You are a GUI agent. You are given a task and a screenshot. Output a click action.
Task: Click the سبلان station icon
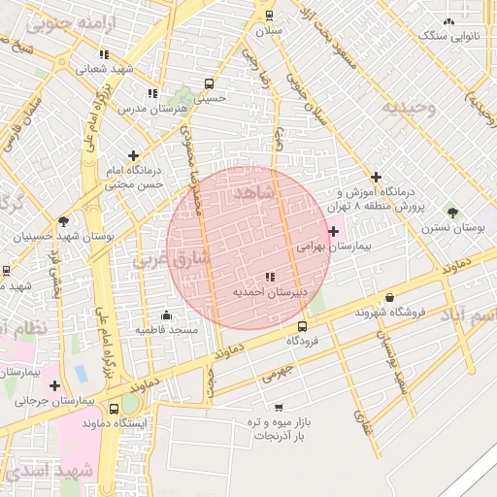(269, 16)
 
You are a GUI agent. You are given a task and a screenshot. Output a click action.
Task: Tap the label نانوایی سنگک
(447, 36)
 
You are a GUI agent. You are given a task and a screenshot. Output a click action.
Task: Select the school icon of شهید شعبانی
(78, 69)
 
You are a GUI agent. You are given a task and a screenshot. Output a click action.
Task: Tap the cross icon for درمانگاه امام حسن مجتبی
(133, 154)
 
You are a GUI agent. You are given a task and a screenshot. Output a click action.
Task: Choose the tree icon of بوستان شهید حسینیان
(64, 220)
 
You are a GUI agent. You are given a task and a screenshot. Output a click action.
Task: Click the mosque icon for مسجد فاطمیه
(166, 315)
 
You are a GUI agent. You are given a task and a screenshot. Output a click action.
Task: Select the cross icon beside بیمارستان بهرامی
(334, 231)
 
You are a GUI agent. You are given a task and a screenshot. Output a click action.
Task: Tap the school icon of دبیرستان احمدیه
(270, 277)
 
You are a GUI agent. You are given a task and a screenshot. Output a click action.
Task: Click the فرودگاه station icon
(303, 326)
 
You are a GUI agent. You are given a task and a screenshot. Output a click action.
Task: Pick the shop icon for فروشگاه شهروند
(390, 297)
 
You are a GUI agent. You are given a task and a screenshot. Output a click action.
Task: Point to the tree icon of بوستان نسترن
(452, 212)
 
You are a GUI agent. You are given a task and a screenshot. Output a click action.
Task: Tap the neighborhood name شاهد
(254, 194)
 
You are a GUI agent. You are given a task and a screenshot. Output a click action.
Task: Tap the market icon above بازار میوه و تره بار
(279, 407)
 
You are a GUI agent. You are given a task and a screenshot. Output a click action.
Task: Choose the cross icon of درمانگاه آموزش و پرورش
(376, 176)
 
